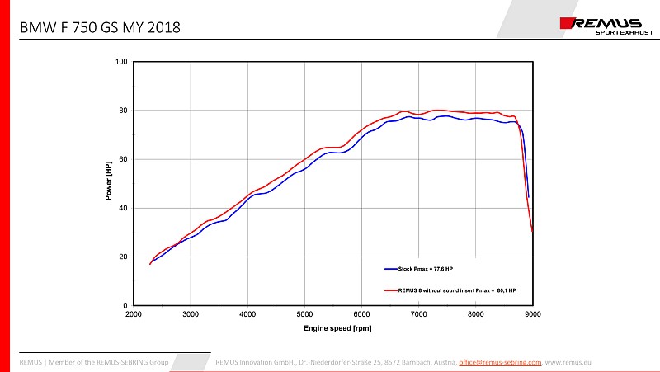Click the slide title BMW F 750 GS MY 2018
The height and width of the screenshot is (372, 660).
click(x=100, y=28)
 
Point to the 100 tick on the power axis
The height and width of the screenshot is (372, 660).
click(x=120, y=62)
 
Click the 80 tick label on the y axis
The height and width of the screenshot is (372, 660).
click(x=122, y=111)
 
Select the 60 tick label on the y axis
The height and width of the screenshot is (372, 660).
click(x=122, y=159)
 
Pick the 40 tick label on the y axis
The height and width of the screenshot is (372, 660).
click(x=122, y=208)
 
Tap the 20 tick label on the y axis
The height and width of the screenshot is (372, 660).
click(x=122, y=257)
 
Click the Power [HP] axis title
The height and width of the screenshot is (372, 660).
click(x=108, y=183)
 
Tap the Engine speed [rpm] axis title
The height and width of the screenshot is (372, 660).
click(x=332, y=328)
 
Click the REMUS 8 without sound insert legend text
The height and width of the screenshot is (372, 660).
click(x=457, y=290)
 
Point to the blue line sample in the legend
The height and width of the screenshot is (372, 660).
click(x=390, y=269)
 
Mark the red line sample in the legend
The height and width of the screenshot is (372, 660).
click(x=390, y=290)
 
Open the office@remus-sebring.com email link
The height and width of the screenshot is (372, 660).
click(x=500, y=362)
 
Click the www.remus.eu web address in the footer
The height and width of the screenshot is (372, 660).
click(x=569, y=362)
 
